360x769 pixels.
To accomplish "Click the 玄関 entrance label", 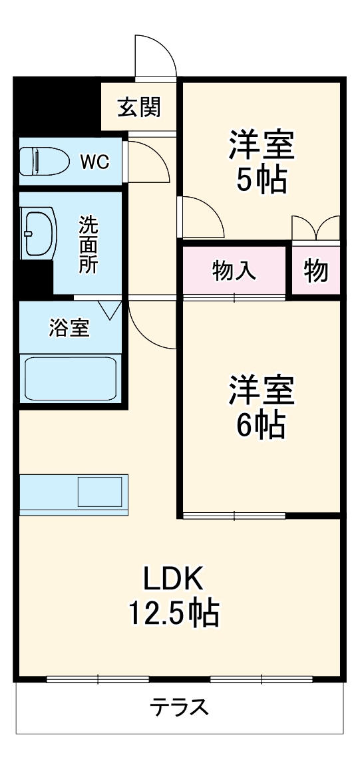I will pyautogui.click(x=138, y=106).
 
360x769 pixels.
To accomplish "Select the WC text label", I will pyautogui.click(x=95, y=161).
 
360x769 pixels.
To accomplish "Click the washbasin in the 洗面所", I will pyautogui.click(x=37, y=233).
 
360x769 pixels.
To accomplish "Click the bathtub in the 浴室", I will pyautogui.click(x=71, y=378).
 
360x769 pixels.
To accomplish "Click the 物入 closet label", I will pyautogui.click(x=234, y=271).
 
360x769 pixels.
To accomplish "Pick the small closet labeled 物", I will pyautogui.click(x=317, y=271).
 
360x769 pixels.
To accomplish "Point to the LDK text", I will pyautogui.click(x=174, y=579).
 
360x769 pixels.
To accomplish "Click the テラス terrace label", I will pyautogui.click(x=179, y=706).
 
